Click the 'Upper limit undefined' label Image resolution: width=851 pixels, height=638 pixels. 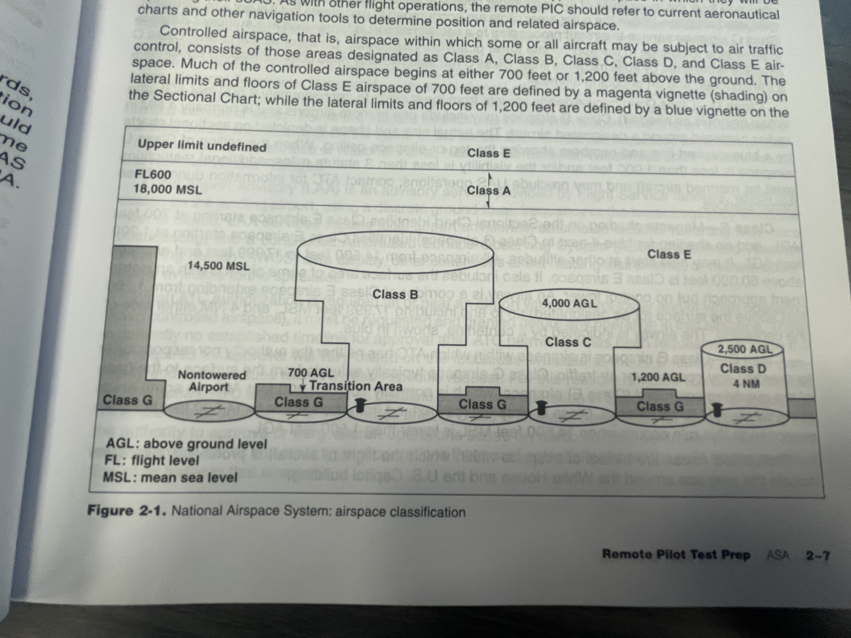click(202, 146)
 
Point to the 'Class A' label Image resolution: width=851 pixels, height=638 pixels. click(489, 191)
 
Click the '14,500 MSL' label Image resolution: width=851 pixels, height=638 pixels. click(218, 266)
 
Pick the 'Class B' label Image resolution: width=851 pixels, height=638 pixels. click(395, 295)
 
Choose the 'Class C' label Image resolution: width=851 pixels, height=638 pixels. click(568, 342)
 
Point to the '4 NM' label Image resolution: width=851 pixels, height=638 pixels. click(746, 384)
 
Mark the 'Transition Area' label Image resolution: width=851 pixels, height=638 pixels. click(356, 386)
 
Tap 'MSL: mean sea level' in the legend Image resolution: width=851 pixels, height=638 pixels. click(170, 478)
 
